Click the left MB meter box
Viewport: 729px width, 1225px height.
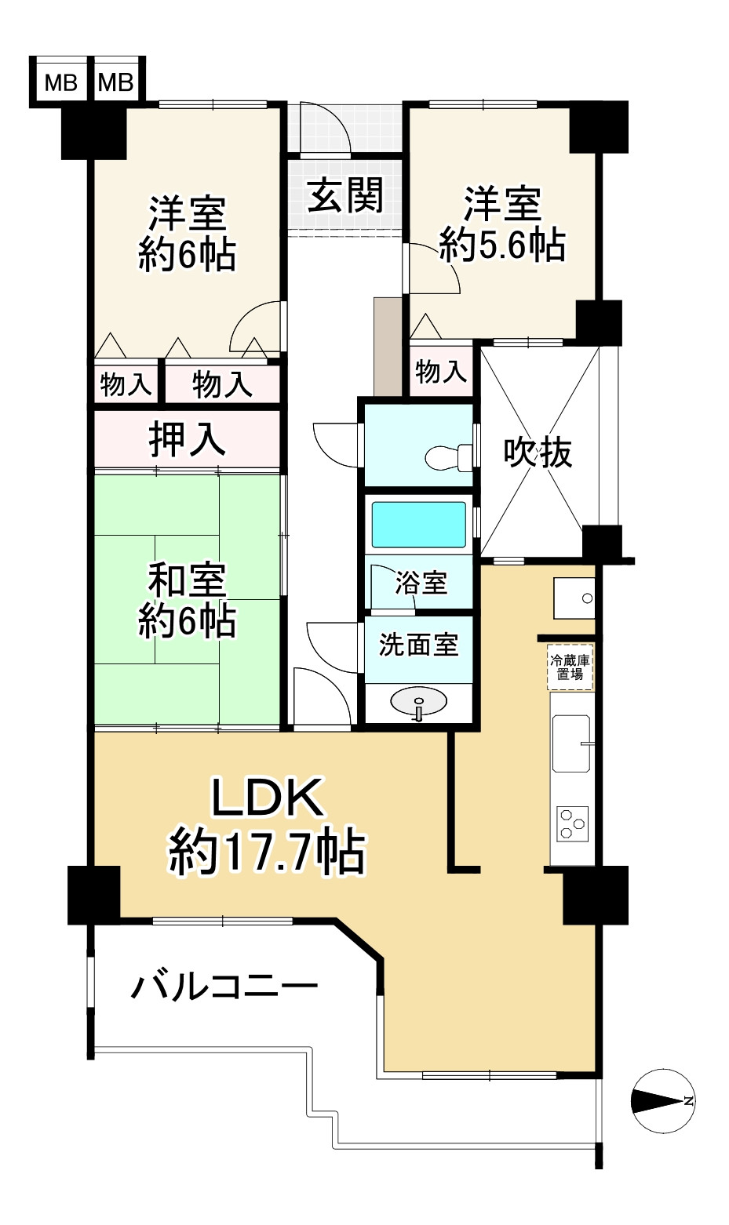click(x=60, y=82)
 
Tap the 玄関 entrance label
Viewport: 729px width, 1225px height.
click(x=344, y=195)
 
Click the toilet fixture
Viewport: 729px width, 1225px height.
click(x=447, y=456)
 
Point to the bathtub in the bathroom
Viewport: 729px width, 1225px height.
click(x=418, y=525)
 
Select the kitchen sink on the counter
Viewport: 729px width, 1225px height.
click(x=571, y=743)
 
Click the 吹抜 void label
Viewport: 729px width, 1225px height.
click(x=538, y=453)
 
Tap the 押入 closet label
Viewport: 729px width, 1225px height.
click(x=188, y=440)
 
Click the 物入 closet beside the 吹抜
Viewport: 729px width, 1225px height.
click(x=441, y=371)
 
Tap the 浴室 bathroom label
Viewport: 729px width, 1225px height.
click(x=421, y=583)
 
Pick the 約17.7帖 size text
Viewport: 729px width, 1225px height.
click(x=267, y=852)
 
